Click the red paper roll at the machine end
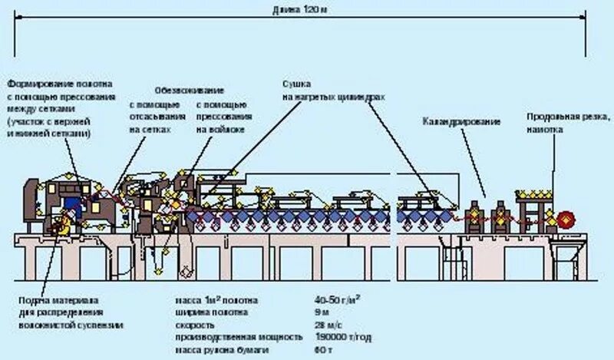[566, 218]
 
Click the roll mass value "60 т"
[322, 350]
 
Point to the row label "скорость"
[191, 325]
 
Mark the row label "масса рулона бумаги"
[217, 350]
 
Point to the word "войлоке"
[212, 130]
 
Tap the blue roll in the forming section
[73, 204]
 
